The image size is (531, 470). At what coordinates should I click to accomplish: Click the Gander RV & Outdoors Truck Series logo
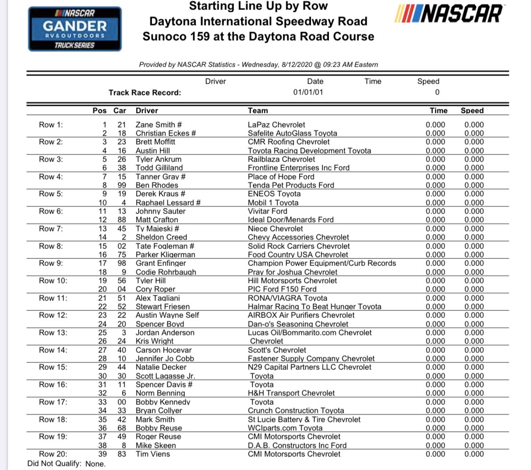[x=75, y=28]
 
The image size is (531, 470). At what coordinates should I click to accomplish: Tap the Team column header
[x=258, y=111]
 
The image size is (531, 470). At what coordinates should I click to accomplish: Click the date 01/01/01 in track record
[x=308, y=93]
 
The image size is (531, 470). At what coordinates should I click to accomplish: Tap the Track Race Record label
[x=144, y=93]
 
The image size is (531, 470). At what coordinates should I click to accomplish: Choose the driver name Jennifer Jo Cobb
[x=165, y=359]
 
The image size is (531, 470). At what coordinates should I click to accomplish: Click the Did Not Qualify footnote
[x=66, y=464]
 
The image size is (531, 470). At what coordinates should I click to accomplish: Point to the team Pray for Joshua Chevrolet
[x=293, y=272]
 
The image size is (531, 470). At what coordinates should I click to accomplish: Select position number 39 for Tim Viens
[x=102, y=454]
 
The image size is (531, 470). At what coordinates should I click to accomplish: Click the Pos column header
[x=100, y=111]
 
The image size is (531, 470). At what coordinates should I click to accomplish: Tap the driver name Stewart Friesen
[x=163, y=307]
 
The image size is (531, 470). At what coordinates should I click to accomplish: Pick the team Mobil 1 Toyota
[x=273, y=203]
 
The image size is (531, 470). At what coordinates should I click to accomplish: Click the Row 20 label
[x=53, y=454]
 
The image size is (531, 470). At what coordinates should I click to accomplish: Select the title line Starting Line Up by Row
[x=258, y=6]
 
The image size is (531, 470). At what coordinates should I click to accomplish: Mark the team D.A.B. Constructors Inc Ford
[x=297, y=445]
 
